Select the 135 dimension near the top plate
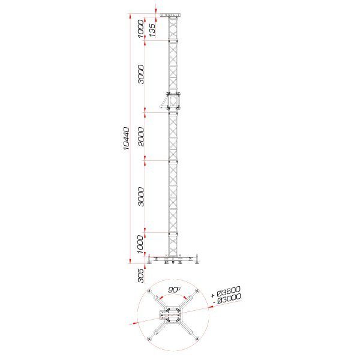point(152,29)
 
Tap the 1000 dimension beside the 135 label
point(140,28)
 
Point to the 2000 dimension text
point(140,136)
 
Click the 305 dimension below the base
point(140,275)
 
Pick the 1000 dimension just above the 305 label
point(140,244)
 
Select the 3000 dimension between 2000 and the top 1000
point(140,74)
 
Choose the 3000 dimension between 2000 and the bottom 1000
point(140,196)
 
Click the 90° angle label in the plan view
point(174,290)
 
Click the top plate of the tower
point(173,15)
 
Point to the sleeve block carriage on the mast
point(172,100)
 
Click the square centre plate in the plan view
point(173,316)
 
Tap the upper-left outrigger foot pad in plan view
point(149,292)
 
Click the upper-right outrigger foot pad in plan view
point(198,292)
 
